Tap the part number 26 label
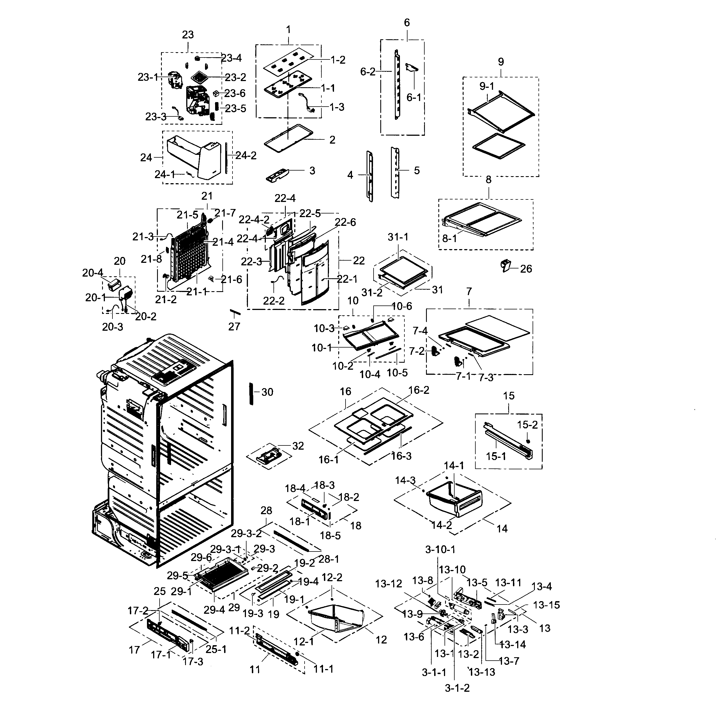click(526, 269)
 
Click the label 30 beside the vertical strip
click(267, 392)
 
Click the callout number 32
click(298, 446)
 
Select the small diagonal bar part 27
click(235, 312)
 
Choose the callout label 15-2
click(527, 425)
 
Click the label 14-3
click(405, 481)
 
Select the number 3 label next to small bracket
click(312, 171)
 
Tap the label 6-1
click(414, 97)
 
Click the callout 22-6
click(345, 222)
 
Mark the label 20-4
click(93, 273)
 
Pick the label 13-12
click(388, 583)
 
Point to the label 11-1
click(323, 669)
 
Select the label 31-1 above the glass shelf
click(398, 237)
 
